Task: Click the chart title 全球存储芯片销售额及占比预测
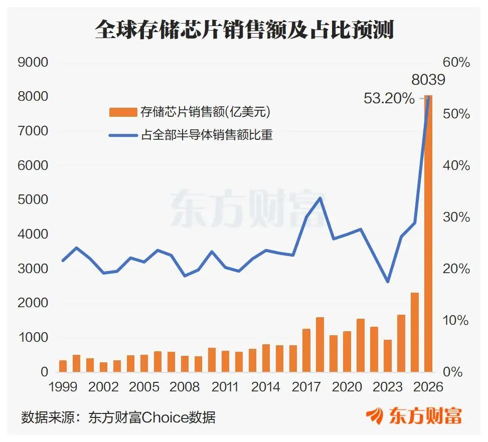click(244, 30)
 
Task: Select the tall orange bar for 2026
click(428, 234)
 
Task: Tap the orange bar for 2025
click(415, 332)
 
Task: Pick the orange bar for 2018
click(320, 345)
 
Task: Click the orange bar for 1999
click(63, 366)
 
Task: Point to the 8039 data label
click(428, 80)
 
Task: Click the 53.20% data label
click(389, 98)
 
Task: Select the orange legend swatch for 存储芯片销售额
click(123, 112)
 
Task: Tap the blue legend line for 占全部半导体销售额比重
click(123, 135)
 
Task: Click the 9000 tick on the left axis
click(33, 62)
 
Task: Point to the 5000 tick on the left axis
click(33, 199)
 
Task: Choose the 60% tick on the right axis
click(456, 63)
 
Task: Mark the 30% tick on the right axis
click(456, 217)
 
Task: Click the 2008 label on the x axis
click(185, 387)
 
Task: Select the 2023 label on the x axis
click(388, 387)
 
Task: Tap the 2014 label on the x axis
click(266, 387)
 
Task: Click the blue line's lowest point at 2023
click(388, 282)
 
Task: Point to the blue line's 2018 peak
click(320, 198)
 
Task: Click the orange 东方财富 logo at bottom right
click(414, 416)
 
